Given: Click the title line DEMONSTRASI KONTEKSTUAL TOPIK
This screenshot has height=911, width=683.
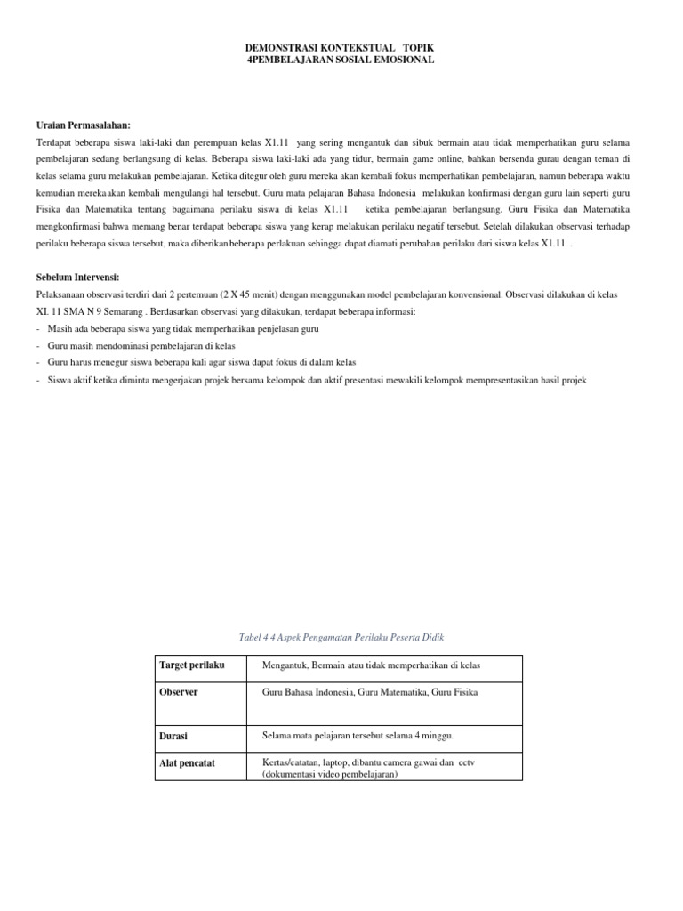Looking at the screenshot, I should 341,47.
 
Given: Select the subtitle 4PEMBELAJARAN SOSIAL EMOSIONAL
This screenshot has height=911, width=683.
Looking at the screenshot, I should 341,60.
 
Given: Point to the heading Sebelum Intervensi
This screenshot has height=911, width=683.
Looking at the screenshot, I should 77,278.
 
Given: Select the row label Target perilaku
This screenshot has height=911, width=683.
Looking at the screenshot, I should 191,666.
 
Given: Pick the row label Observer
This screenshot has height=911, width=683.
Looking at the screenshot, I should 178,691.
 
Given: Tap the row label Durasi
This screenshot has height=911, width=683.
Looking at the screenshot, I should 173,737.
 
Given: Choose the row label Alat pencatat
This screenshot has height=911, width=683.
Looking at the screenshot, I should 186,762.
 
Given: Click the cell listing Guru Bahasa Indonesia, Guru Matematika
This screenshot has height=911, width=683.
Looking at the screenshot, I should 370,691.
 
